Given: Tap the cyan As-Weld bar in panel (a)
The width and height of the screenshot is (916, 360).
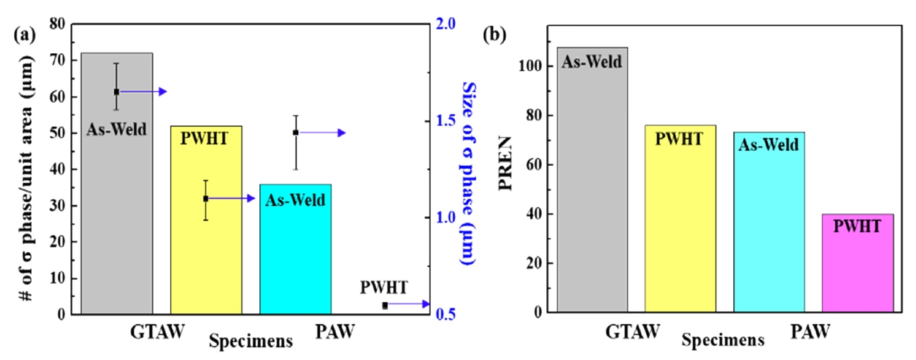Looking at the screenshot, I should (295, 255).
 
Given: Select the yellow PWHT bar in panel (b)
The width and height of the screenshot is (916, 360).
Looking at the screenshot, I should (680, 227).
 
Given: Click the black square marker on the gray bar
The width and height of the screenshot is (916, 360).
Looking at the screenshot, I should (117, 91).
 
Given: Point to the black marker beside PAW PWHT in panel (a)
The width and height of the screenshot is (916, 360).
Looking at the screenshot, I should (385, 305).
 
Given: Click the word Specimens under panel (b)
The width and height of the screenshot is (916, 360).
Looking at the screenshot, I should (723, 340).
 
